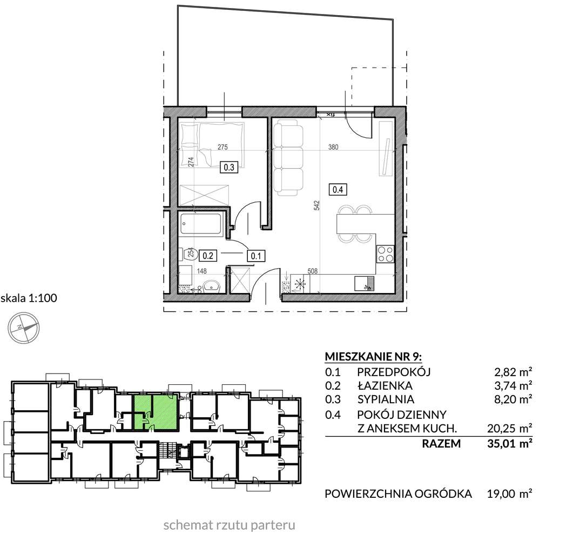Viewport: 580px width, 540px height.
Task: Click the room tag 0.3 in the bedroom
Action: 228,168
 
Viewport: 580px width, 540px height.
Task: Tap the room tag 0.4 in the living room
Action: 338,189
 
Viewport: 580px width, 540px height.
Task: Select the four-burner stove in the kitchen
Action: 385,254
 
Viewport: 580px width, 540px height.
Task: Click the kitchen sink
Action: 364,282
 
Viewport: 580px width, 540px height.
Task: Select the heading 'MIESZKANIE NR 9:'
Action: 373,356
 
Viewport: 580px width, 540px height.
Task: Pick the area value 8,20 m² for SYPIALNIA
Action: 510,400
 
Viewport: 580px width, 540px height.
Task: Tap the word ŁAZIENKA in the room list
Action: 385,386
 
